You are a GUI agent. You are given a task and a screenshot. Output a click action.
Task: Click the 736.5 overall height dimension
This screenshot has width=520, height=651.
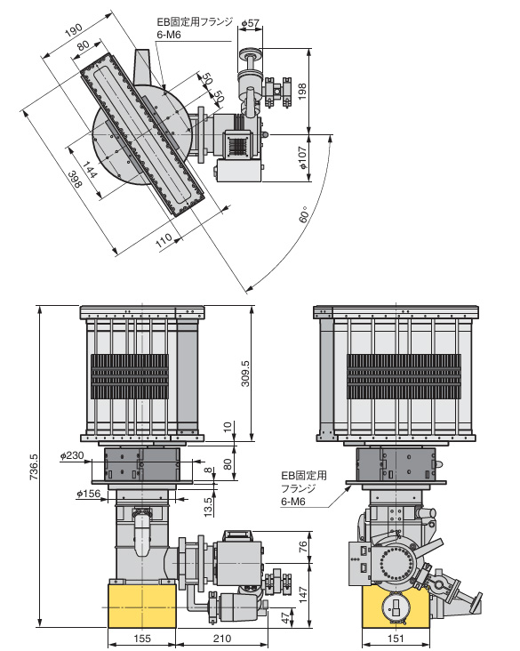tap(34, 466)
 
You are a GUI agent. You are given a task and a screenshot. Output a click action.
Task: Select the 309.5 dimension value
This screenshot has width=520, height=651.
tap(245, 374)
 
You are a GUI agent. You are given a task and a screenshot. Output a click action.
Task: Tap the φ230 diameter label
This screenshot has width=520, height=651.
tap(72, 455)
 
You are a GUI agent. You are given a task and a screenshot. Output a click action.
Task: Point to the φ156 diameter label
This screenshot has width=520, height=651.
tap(88, 494)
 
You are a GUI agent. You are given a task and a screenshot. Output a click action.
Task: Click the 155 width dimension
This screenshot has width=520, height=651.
tap(142, 639)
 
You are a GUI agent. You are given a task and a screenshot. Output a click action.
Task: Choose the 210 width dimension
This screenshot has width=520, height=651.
tap(222, 639)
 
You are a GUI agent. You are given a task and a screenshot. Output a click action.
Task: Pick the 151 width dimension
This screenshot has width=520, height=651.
tap(396, 639)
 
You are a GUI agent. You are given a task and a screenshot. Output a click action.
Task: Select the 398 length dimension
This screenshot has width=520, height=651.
tap(76, 180)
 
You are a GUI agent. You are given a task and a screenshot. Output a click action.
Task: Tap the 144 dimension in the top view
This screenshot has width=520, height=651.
tap(90, 169)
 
